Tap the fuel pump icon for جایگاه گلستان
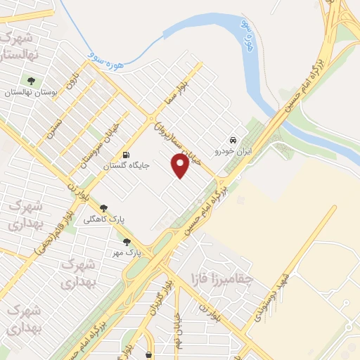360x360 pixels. point(126,155)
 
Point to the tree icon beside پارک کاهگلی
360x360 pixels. point(104,207)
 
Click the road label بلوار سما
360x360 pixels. point(172,92)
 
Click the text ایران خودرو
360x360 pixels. point(233,151)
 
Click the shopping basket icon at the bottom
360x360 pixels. point(148,354)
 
